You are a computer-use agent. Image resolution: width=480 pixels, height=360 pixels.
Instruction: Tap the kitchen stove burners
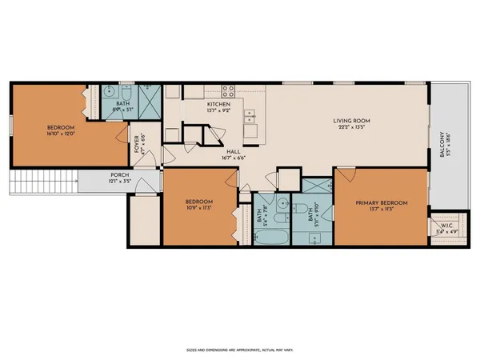(228, 91)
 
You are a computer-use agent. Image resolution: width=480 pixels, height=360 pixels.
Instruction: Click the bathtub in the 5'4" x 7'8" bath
(272, 238)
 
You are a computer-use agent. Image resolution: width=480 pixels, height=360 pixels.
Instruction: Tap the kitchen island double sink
(250, 118)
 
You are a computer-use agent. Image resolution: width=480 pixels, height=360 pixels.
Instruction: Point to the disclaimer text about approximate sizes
(239, 350)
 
